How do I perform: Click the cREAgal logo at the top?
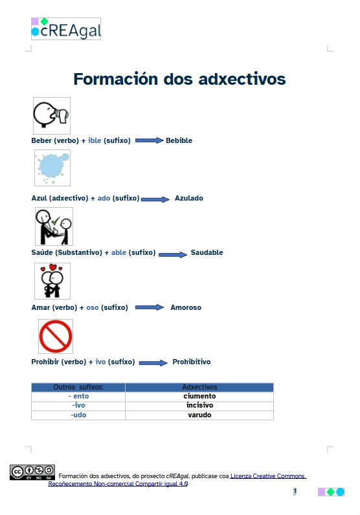[x=66, y=29]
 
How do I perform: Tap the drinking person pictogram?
[x=52, y=116]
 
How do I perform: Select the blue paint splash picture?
[x=52, y=168]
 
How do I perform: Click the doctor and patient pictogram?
[x=54, y=226]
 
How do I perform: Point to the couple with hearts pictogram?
[x=52, y=281]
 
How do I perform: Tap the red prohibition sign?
[x=55, y=336]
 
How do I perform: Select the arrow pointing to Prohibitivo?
[x=153, y=362]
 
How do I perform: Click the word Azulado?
[x=188, y=198]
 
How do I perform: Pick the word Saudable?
[x=207, y=252]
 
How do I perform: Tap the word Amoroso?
[x=186, y=307]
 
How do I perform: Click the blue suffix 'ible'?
[x=95, y=140]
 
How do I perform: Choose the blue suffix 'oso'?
[x=93, y=307]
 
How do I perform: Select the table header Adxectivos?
[x=199, y=387]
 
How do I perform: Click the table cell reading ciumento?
[x=199, y=396]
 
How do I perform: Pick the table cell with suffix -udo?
[x=78, y=415]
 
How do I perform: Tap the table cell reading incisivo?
[x=199, y=406]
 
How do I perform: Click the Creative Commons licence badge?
[x=27, y=472]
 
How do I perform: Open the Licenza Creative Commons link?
[x=268, y=476]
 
